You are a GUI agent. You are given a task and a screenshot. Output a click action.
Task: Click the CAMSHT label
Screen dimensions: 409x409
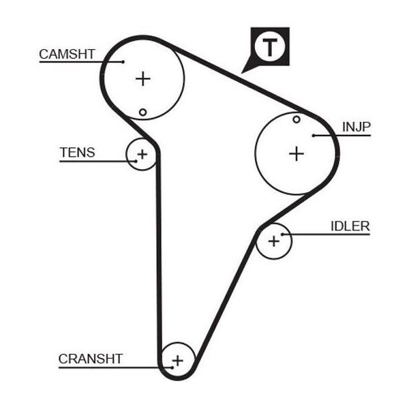pos(67,55)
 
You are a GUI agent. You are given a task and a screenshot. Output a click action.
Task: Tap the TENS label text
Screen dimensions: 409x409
pos(78,153)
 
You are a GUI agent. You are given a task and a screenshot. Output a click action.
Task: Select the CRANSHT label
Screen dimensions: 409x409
pos(91,359)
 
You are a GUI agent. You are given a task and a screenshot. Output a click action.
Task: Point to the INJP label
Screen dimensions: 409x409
pos(356,127)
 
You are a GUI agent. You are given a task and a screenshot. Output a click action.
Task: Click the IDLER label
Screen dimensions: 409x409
pos(350,226)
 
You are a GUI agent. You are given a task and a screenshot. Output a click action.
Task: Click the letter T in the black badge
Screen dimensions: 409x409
pos(270,47)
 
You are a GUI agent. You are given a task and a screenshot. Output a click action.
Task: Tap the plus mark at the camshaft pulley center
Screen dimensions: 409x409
pos(143,79)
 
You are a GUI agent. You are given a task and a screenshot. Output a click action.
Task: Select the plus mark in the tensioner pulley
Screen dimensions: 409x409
pos(142,155)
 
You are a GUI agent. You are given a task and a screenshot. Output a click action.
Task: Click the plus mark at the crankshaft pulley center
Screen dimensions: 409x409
pos(178,361)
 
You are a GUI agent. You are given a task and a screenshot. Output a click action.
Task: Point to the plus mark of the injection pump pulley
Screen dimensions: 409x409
pos(297,153)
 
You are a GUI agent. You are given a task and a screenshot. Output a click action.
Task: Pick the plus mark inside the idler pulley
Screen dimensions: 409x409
pos(274,241)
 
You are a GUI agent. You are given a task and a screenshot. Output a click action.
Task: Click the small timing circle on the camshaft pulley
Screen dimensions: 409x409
pos(142,112)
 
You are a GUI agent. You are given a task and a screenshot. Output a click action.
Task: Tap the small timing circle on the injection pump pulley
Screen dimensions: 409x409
pos(297,120)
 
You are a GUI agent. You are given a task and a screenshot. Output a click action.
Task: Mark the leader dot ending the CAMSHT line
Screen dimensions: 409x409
pos(123,62)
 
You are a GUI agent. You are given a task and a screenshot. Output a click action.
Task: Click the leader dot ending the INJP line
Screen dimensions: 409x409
pos(314,136)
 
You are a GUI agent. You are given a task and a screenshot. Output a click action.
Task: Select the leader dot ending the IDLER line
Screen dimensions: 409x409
pos(282,234)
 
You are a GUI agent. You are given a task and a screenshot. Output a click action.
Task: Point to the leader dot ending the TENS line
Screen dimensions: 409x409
pos(136,162)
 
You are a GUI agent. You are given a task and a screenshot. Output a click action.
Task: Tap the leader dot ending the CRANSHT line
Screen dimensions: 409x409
pos(172,368)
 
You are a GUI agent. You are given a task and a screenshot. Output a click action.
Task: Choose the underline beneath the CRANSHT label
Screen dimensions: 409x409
pos(115,368)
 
